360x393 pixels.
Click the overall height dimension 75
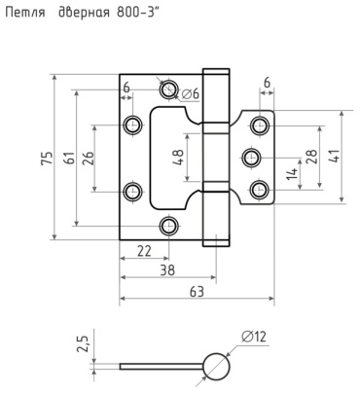click(x=47, y=158)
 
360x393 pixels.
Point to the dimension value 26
click(x=89, y=158)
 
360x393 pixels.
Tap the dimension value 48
click(x=179, y=158)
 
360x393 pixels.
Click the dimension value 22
click(x=144, y=251)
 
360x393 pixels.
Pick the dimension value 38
click(x=167, y=270)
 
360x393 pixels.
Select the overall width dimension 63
click(x=197, y=292)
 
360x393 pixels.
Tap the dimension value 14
click(x=292, y=174)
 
